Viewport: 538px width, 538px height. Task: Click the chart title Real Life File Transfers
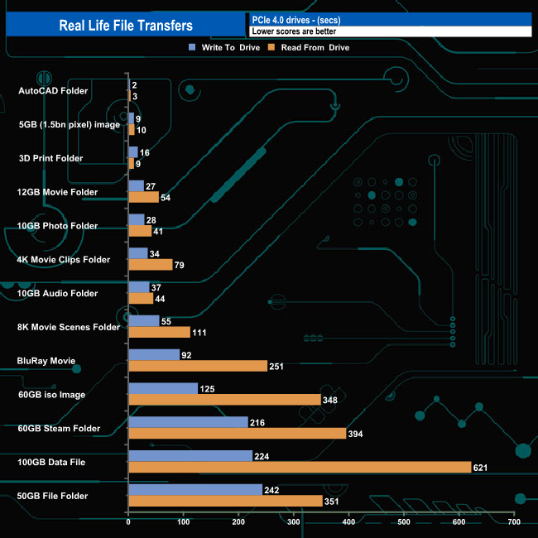pyautogui.click(x=126, y=26)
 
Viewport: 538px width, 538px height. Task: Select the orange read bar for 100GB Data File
pyautogui.click(x=300, y=467)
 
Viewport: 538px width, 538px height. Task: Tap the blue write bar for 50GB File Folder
pyautogui.click(x=195, y=489)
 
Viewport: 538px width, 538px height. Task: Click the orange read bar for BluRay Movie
pyautogui.click(x=198, y=366)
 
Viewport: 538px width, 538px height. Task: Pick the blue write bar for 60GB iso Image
pyautogui.click(x=163, y=388)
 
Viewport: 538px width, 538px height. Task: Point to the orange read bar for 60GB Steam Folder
pyautogui.click(x=238, y=433)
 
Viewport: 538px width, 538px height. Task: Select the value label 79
pyautogui.click(x=182, y=265)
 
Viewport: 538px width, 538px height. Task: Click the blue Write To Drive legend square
pyautogui.click(x=193, y=47)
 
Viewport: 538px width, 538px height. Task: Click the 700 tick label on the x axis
pyautogui.click(x=513, y=522)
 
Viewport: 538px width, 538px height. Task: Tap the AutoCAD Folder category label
pyautogui.click(x=53, y=90)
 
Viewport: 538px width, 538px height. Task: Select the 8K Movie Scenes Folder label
pyautogui.click(x=69, y=327)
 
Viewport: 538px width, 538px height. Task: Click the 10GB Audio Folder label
pyautogui.click(x=57, y=293)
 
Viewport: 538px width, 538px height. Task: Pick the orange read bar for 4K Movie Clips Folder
pyautogui.click(x=151, y=265)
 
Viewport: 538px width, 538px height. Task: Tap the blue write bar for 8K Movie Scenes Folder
pyautogui.click(x=144, y=321)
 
